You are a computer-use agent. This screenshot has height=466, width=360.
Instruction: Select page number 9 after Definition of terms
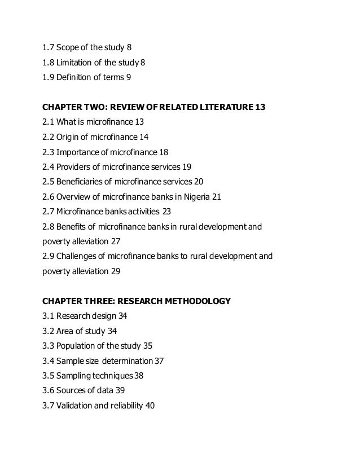coord(129,77)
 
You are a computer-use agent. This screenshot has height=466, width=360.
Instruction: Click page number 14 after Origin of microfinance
coord(144,137)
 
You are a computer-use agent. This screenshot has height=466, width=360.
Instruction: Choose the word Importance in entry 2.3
coord(78,152)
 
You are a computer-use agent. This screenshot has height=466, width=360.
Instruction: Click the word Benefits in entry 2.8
coord(72,227)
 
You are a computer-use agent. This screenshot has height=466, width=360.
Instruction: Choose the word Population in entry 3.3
coord(77,345)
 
